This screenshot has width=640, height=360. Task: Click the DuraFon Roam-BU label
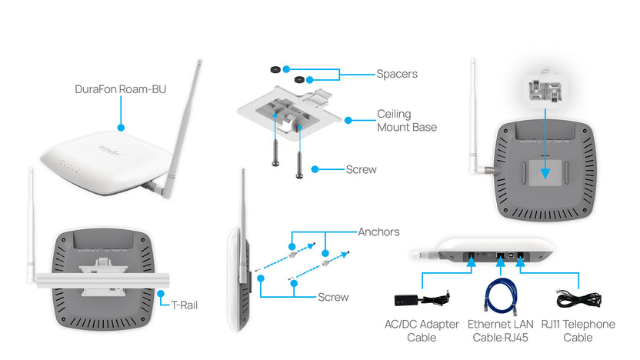coord(121,89)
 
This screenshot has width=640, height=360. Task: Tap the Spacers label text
coord(397,74)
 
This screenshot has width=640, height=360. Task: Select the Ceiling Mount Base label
coord(406,120)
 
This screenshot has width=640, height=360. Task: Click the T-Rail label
coord(184,305)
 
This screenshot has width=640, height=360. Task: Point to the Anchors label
coord(378,232)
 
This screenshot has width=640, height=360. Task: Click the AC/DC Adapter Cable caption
coord(421,331)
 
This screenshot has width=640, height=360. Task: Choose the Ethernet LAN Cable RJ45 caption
coord(500,331)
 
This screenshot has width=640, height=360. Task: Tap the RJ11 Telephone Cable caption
coord(578,331)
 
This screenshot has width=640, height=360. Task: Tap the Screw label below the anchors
coord(333,297)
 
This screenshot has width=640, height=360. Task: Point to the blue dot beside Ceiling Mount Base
coord(348,120)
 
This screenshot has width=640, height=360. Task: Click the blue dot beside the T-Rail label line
coord(160,292)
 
